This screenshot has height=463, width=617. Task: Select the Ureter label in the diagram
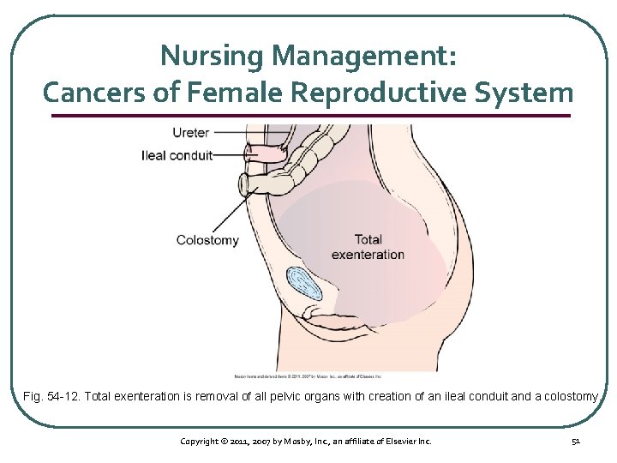tap(190, 132)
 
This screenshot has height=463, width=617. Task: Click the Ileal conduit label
tap(177, 155)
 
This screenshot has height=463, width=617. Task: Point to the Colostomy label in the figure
tap(207, 240)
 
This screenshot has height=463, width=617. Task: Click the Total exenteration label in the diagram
tap(368, 246)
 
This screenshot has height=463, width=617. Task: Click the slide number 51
tap(575, 441)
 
